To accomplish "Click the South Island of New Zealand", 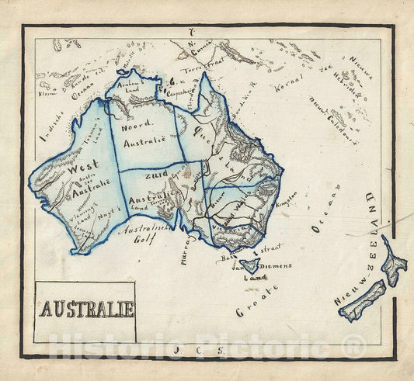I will click(362, 300).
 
